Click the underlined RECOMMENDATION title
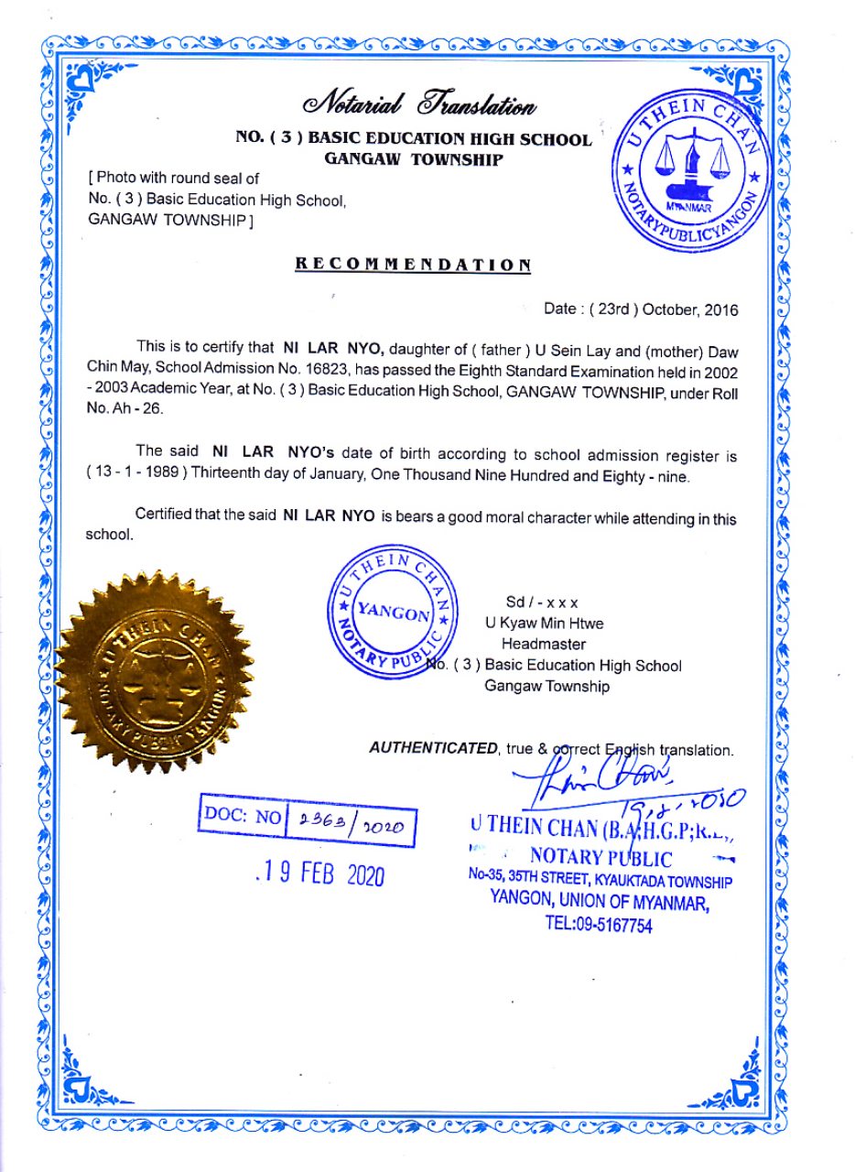[x=413, y=265]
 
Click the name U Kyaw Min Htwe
[x=544, y=624]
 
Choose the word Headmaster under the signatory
[x=549, y=644]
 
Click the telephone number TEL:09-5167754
[x=599, y=925]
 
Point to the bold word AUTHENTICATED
[x=433, y=748]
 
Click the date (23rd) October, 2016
[x=641, y=309]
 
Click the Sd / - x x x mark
[x=542, y=602]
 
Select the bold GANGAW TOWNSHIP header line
[x=414, y=159]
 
